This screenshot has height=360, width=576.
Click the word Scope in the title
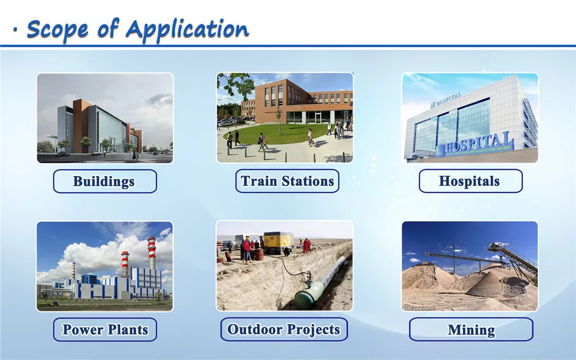(57, 29)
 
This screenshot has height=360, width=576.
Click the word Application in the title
(187, 30)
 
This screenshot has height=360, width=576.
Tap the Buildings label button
(105, 181)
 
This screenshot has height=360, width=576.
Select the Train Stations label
(287, 181)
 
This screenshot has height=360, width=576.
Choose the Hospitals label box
(471, 181)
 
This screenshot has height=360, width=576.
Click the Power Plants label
(105, 330)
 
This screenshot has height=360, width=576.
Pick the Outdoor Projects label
(284, 329)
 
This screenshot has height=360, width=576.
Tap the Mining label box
(471, 330)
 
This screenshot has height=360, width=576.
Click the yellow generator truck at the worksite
(278, 243)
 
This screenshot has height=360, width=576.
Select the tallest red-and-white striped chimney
(152, 254)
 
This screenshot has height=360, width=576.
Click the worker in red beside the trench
(306, 246)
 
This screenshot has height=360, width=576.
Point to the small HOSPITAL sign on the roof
(446, 101)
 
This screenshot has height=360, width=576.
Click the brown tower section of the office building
(81, 126)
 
